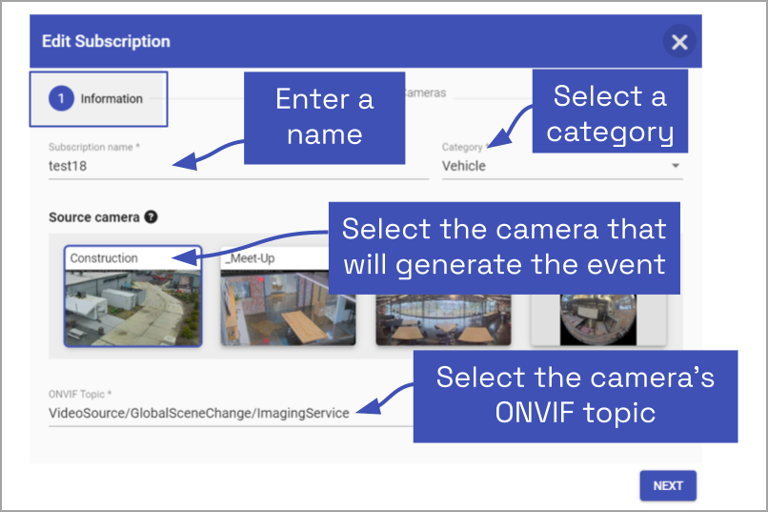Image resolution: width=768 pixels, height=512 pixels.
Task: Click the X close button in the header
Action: pyautogui.click(x=679, y=42)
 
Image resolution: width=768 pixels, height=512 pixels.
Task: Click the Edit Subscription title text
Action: pyautogui.click(x=106, y=42)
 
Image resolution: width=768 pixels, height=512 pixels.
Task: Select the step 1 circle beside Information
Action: pyautogui.click(x=61, y=98)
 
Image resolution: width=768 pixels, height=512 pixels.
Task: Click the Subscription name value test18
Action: pyautogui.click(x=68, y=166)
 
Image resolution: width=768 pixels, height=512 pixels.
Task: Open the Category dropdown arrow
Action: pyautogui.click(x=676, y=166)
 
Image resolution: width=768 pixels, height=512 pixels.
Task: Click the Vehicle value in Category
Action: pyautogui.click(x=464, y=166)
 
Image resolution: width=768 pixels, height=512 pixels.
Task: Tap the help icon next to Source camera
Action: pyautogui.click(x=152, y=217)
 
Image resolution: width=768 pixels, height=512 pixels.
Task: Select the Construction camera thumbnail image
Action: pyautogui.click(x=133, y=308)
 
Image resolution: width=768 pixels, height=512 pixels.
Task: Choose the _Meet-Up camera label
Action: pyautogui.click(x=250, y=258)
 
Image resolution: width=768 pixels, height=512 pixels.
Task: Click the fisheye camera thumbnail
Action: pyautogui.click(x=598, y=319)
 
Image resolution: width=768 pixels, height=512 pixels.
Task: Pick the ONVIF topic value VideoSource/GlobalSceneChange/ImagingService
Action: pyautogui.click(x=199, y=413)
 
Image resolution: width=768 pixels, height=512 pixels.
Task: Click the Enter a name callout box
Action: pyautogui.click(x=324, y=118)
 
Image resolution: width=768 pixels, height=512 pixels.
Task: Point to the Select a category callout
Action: pyautogui.click(x=610, y=112)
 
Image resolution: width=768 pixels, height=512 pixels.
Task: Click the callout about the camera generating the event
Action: pyautogui.click(x=504, y=248)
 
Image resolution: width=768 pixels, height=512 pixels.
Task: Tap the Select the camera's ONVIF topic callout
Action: pyautogui.click(x=576, y=397)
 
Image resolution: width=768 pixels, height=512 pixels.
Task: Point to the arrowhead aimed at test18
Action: pyautogui.click(x=185, y=161)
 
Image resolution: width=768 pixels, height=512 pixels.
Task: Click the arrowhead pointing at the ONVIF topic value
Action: pyautogui.click(x=369, y=407)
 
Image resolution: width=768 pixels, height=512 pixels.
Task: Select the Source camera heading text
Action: pyautogui.click(x=94, y=217)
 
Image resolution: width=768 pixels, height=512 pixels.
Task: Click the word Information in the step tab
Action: pyautogui.click(x=111, y=98)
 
